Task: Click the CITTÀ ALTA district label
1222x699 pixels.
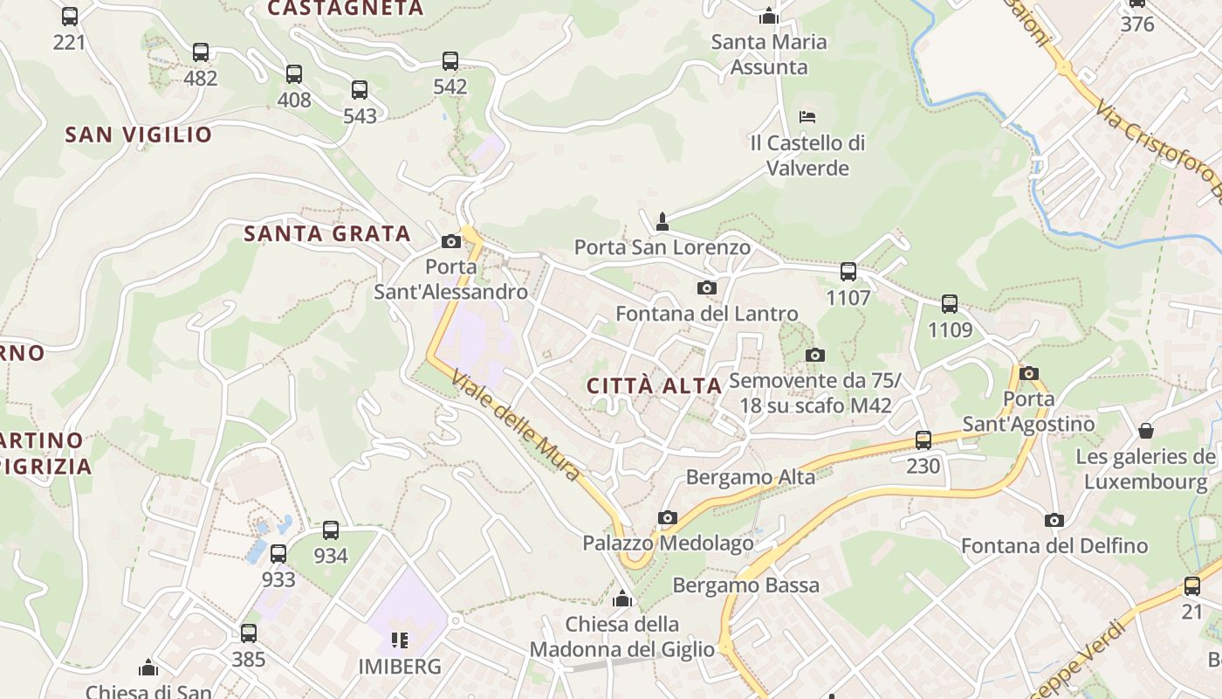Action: coord(654,385)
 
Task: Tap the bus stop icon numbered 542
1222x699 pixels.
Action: coord(450,61)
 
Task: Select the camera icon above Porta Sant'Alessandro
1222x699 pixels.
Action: coord(451,241)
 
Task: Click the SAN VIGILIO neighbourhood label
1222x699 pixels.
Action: coord(139,135)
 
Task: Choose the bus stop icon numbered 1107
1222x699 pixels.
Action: coord(848,272)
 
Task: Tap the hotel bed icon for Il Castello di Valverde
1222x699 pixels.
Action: coord(807,117)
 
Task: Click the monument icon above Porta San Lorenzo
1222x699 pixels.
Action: coord(662,221)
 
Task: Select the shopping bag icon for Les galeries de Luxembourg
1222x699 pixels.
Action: coord(1145,431)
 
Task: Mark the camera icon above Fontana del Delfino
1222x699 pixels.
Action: coord(1054,521)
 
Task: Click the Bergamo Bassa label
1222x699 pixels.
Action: coord(746,585)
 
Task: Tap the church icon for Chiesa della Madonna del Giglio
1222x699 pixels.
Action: coord(622,599)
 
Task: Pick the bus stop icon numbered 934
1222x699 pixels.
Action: coord(331,529)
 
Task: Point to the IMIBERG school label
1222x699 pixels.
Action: coord(400,667)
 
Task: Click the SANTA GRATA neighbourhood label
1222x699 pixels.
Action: coord(327,233)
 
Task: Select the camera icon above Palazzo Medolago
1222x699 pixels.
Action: coord(668,517)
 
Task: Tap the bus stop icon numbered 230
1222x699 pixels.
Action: coord(923,439)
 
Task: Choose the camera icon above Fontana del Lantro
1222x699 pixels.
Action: coord(707,287)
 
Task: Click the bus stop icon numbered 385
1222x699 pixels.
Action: coord(249,633)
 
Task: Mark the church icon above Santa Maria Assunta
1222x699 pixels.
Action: coord(769,16)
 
